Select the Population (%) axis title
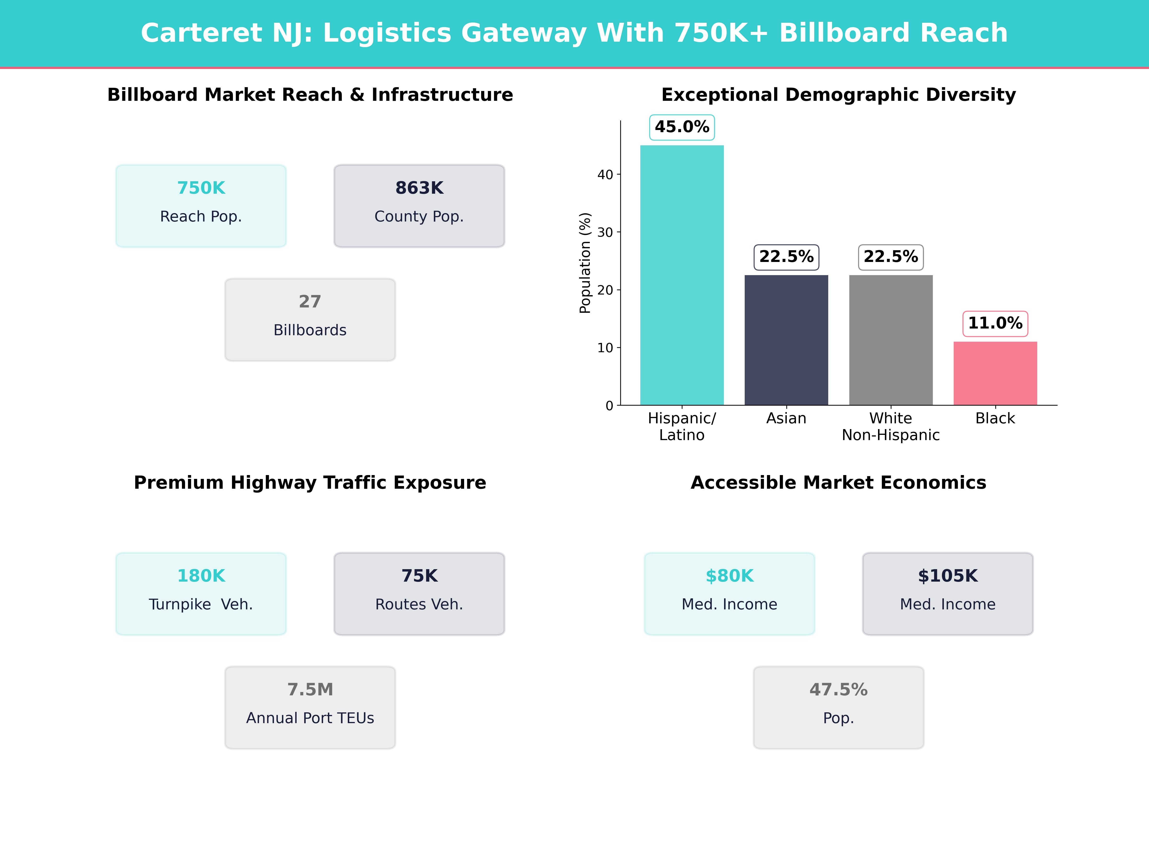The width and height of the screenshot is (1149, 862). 585,263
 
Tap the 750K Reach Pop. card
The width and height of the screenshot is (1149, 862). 201,206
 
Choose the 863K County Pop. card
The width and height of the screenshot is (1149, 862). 419,206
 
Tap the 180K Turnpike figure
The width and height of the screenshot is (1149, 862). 201,576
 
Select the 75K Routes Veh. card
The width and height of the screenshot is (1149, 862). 419,593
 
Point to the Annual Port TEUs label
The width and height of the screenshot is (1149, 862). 310,718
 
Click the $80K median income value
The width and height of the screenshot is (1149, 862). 729,576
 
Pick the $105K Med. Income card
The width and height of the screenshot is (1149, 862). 947,593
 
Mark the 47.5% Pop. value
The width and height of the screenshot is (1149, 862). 838,690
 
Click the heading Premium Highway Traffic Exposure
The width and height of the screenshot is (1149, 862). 310,483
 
